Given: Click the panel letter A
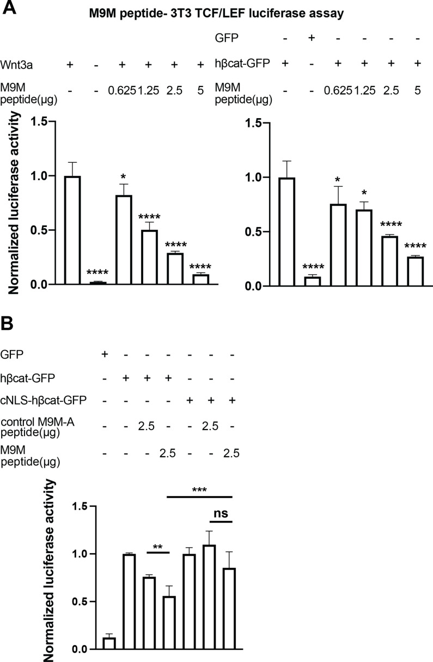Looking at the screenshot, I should [9, 9].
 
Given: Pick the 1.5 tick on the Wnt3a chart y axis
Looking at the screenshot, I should [39, 121].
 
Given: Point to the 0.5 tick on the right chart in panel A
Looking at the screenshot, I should [251, 232].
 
